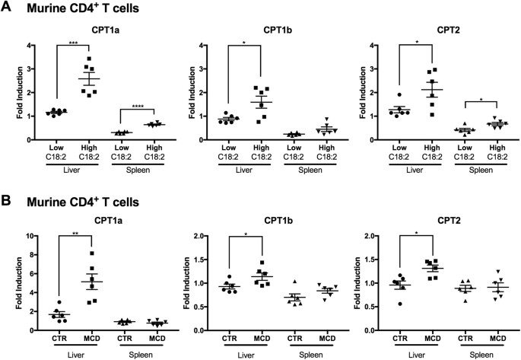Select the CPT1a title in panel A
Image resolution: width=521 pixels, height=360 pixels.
[x=89, y=33]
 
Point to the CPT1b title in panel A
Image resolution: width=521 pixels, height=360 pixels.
[x=262, y=33]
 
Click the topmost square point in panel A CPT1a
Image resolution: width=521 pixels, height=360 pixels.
[x=90, y=59]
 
